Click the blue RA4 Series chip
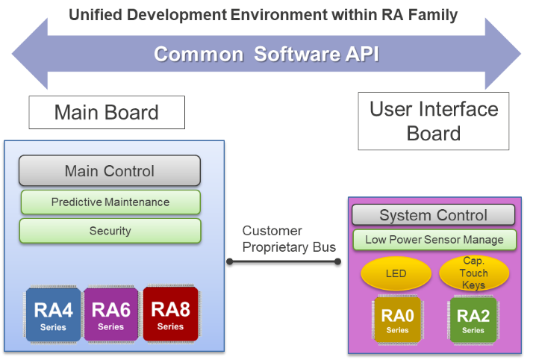coord(54,314)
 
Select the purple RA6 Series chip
coord(110,314)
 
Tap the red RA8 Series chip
coord(170,314)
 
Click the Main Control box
coord(110,171)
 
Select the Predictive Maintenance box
coord(110,202)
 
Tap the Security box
coord(110,231)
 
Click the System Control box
coord(433,216)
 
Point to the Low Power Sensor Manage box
coord(433,240)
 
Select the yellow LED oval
coord(396,273)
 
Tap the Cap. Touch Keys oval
coord(473,273)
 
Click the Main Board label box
coord(107,113)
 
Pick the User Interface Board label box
coord(434,121)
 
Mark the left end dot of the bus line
coord(230,261)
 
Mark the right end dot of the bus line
coord(337,261)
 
